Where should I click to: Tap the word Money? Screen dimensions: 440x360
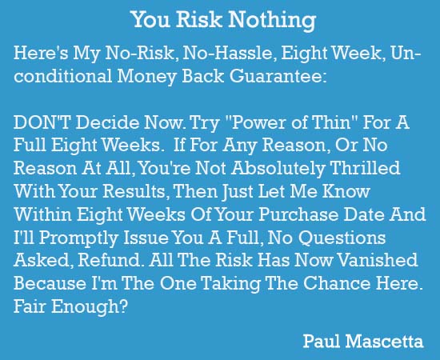coord(146,76)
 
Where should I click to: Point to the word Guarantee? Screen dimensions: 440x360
coord(278,76)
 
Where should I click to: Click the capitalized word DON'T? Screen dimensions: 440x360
coord(42,122)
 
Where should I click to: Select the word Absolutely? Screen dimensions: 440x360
coord(278,169)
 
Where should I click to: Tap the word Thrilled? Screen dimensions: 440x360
coord(365,168)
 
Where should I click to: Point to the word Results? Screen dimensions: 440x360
coord(134,191)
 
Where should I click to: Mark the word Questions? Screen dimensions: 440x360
coord(342,238)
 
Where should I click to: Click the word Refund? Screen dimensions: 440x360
coord(109,260)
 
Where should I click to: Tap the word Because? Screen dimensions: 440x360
coord(50,283)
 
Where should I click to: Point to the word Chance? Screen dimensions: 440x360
coord(337,283)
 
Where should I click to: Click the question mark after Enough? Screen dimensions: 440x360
coord(123,306)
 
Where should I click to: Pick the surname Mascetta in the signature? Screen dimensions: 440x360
coord(384,342)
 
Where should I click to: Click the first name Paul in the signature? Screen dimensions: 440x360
coord(322,342)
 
